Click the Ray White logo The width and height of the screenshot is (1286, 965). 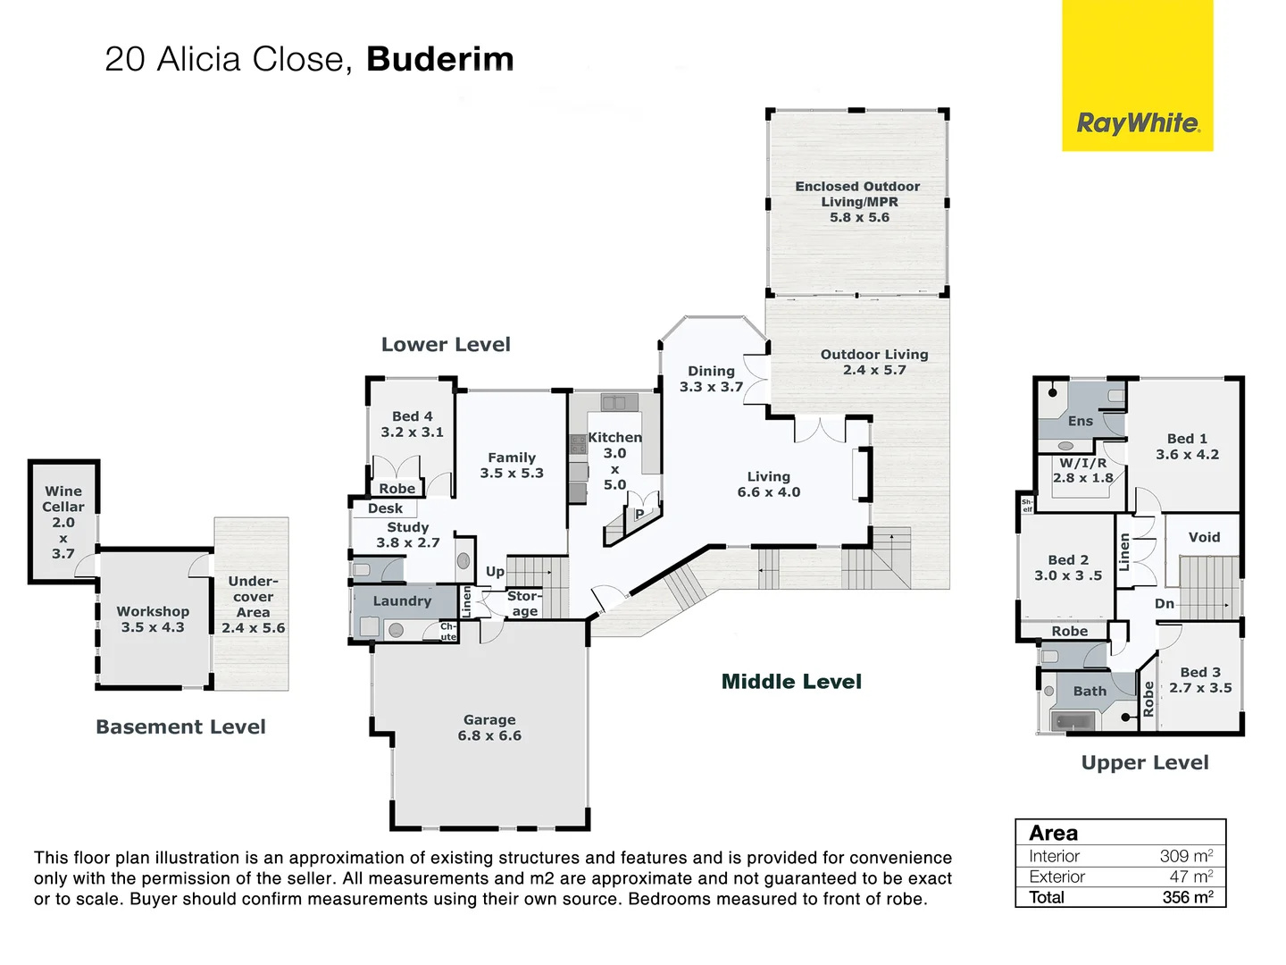point(1137,122)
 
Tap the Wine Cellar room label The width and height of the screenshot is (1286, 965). point(63,521)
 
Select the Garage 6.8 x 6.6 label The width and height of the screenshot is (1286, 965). point(489,727)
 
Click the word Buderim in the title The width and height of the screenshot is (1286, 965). point(439,60)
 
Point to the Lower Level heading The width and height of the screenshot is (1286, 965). point(446,345)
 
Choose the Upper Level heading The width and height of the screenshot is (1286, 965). point(1144,763)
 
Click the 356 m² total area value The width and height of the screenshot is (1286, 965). point(1187,897)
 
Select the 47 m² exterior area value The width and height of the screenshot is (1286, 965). point(1190,877)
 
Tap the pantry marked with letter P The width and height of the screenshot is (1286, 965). point(639,515)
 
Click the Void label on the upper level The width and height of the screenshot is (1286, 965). point(1203,537)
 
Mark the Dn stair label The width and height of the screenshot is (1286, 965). point(1164,604)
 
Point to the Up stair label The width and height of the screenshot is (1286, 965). point(495,572)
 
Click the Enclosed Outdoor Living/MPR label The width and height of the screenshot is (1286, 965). point(857,201)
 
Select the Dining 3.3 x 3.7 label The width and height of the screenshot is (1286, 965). point(711,379)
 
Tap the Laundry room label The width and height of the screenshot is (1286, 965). point(402,601)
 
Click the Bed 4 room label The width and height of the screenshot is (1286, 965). point(412,424)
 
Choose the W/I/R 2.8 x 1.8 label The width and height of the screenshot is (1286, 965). point(1082,470)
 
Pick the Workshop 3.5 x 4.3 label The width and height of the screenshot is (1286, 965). point(153,619)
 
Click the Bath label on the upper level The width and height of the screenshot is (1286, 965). point(1089,691)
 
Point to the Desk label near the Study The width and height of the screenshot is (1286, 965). point(385,508)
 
